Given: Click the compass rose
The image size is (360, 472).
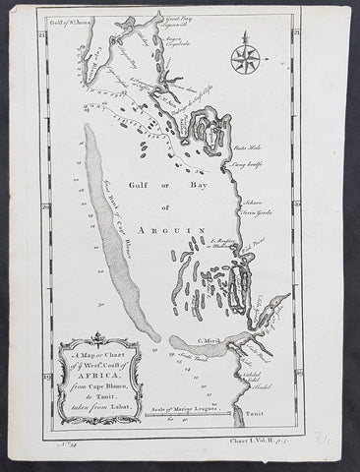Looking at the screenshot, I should click(245, 58).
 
